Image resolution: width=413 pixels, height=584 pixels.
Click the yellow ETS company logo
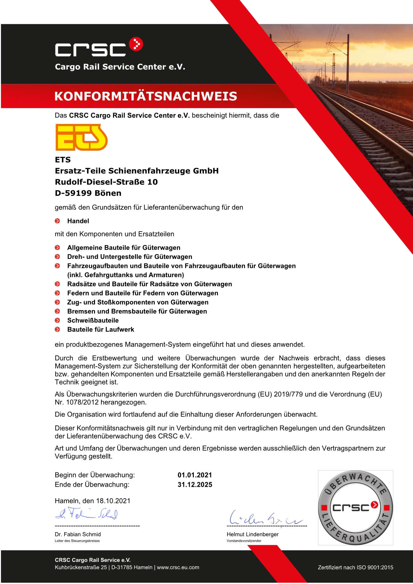(x=82, y=137)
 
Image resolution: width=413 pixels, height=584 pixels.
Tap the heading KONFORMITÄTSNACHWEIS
(x=146, y=96)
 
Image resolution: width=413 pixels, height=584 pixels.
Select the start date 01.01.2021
(x=195, y=475)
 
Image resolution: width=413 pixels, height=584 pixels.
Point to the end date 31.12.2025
(x=195, y=485)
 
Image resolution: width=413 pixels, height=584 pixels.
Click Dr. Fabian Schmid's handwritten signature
(x=86, y=513)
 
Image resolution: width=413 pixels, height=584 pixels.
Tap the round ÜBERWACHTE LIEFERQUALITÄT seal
(x=355, y=507)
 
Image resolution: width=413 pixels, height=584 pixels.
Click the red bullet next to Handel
(x=58, y=221)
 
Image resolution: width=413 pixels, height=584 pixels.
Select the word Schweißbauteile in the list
(x=93, y=320)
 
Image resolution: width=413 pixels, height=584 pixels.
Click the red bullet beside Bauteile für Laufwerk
(x=58, y=329)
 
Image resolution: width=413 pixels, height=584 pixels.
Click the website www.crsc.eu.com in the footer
(x=178, y=567)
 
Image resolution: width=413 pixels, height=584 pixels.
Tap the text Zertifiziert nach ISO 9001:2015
(x=355, y=567)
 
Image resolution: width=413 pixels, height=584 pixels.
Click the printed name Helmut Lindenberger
(x=253, y=534)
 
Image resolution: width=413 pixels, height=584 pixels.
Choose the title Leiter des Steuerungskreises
(x=77, y=541)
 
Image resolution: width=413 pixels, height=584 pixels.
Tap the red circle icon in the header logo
(x=136, y=44)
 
